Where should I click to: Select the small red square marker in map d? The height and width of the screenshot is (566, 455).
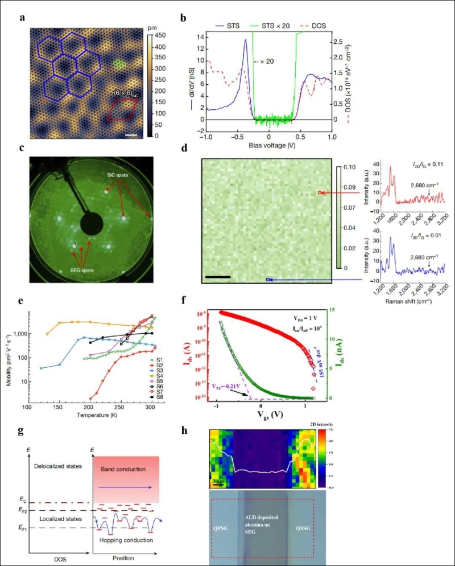321,193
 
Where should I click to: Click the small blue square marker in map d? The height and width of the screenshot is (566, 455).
268,280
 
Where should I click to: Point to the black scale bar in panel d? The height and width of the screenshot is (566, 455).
218,277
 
